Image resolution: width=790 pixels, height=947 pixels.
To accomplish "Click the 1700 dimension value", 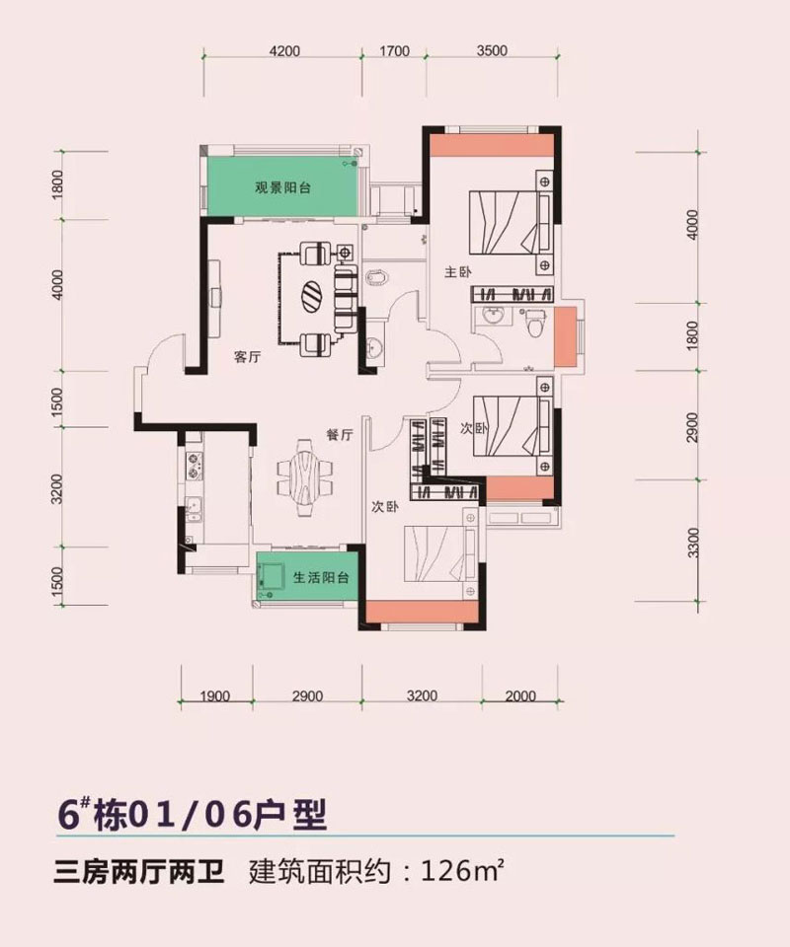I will coord(393,52).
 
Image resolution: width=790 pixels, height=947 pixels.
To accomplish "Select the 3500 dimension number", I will coord(491,52).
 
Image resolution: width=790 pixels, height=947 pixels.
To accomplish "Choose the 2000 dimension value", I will coord(520,696).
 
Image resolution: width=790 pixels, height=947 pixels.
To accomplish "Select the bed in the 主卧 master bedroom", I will coord(510,225).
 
